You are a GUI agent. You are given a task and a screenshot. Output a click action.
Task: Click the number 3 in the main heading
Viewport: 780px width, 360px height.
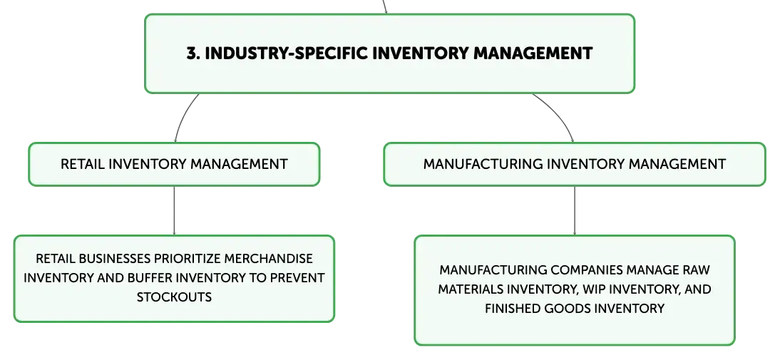click(192, 53)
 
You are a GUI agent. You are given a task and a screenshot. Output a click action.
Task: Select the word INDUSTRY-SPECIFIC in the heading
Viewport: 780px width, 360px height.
click(286, 53)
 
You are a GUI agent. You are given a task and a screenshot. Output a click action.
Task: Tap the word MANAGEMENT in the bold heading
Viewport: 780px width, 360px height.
click(533, 53)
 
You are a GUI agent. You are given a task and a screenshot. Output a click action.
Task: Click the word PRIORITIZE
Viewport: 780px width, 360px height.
click(188, 259)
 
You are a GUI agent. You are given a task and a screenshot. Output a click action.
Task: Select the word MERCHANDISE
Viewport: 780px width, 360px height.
click(269, 259)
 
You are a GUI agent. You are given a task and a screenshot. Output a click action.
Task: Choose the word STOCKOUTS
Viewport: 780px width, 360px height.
click(174, 297)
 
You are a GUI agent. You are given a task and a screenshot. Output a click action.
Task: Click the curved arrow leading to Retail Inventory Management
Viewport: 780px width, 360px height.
click(182, 113)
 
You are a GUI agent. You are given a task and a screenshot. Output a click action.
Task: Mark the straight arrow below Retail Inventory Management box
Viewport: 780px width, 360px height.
click(174, 210)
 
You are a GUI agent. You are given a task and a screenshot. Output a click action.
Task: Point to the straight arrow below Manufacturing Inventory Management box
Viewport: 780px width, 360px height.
click(575, 210)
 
